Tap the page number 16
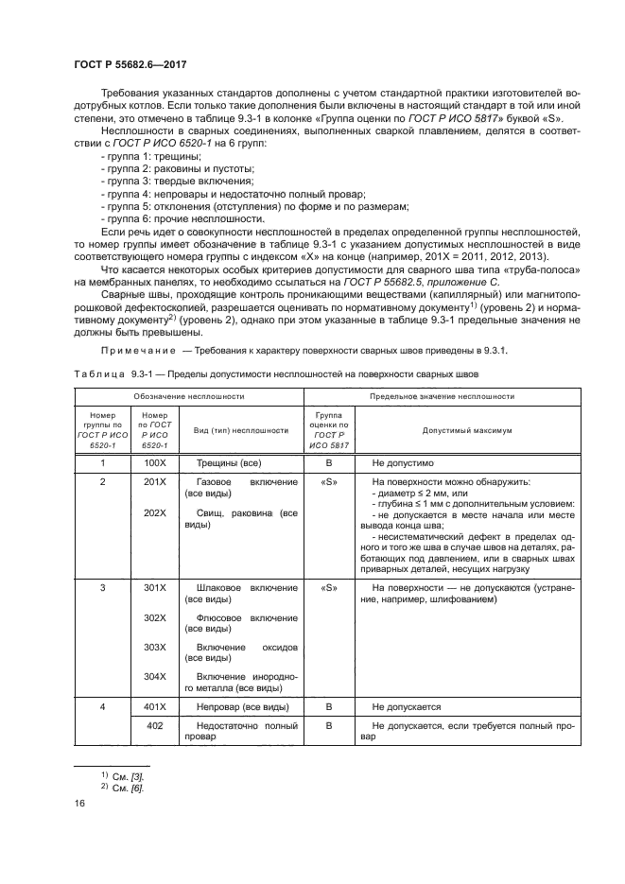[79, 803]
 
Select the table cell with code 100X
[154, 464]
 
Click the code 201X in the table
[154, 482]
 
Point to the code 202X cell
[154, 512]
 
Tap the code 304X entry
[154, 676]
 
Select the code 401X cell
[154, 706]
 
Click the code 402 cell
[154, 725]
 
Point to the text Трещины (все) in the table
[229, 464]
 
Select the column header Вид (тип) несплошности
[241, 429]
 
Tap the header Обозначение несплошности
[188, 396]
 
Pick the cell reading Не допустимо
[403, 464]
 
